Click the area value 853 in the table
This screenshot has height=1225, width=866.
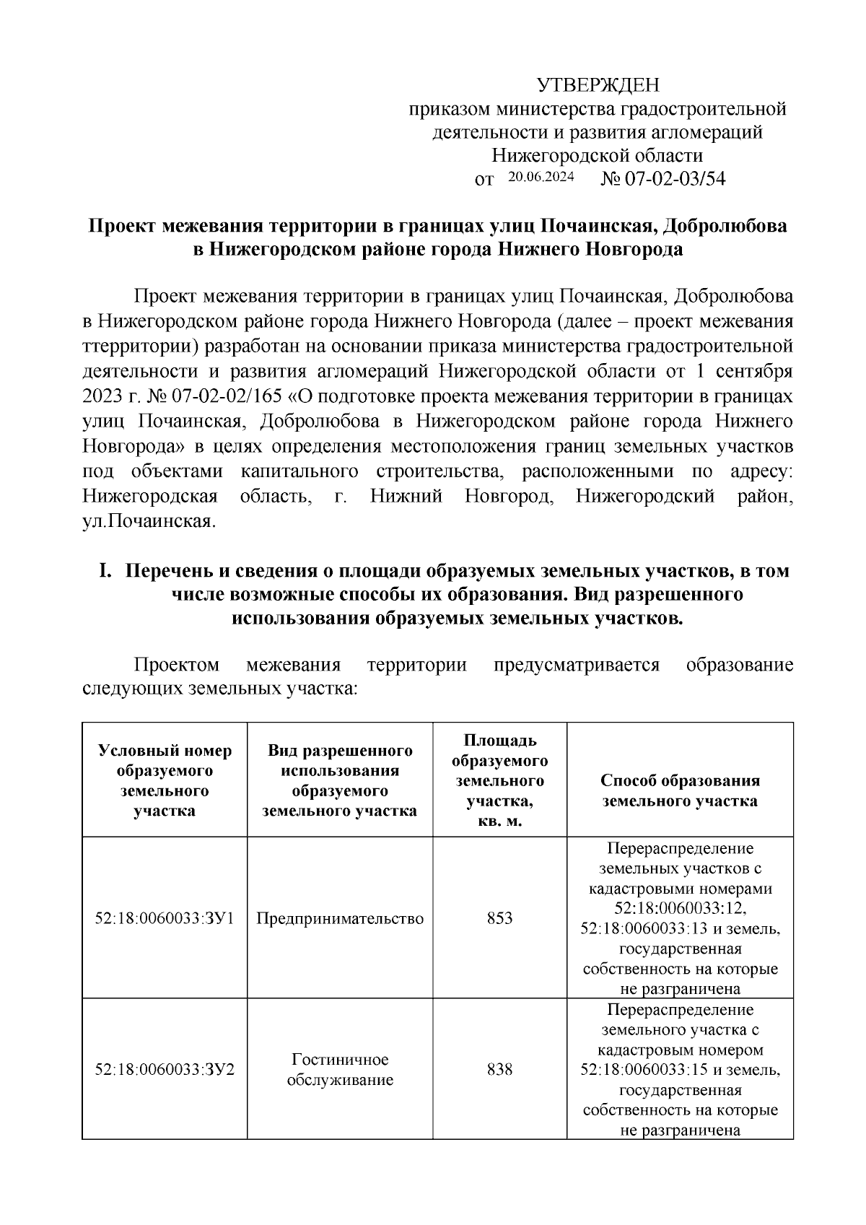(499, 918)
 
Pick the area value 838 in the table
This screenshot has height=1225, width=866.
(499, 1069)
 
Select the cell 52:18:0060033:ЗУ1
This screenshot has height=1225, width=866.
(165, 918)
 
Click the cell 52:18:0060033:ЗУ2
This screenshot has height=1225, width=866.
(165, 1069)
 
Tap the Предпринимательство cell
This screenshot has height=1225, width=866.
(340, 918)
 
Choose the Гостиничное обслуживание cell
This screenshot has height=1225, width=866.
(340, 1069)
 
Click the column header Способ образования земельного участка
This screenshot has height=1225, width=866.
(680, 790)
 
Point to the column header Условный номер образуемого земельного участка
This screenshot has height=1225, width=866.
(165, 780)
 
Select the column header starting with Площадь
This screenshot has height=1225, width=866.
(499, 780)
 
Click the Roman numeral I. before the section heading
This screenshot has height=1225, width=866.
(105, 571)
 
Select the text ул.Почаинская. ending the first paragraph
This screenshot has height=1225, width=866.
(149, 522)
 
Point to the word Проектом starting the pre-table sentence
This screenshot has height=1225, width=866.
(176, 664)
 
